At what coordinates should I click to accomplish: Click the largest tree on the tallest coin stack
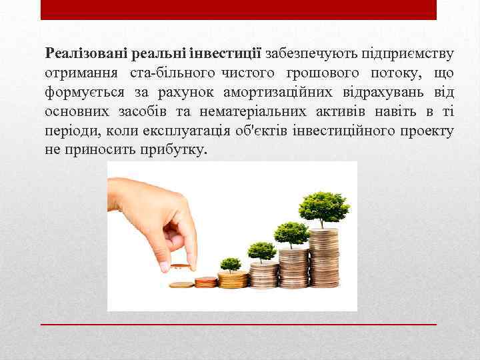pos(324,207)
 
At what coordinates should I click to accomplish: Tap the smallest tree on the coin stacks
pos(231,264)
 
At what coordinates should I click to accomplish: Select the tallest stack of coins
pos(324,257)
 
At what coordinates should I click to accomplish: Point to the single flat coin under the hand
pos(181,285)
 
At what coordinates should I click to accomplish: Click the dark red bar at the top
pos(239,9)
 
